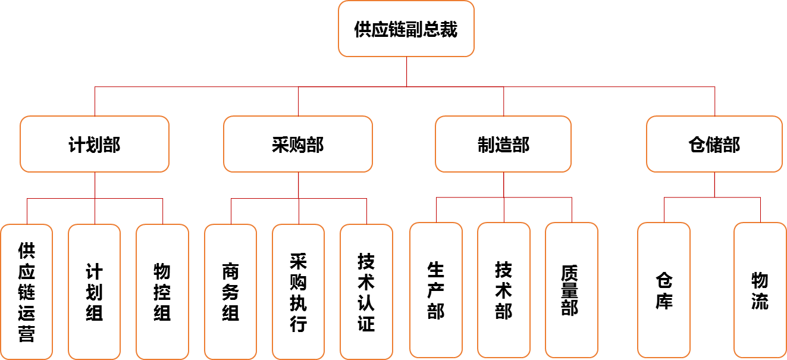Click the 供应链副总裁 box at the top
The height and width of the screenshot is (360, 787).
coord(406,29)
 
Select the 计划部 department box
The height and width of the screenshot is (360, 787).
coord(95,144)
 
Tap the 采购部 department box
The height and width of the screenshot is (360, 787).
coord(298,144)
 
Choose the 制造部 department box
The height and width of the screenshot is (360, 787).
coord(503,144)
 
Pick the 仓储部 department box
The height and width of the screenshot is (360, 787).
coord(714,144)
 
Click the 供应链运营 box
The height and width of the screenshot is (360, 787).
coord(27,292)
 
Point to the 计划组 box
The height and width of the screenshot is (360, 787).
coord(95,292)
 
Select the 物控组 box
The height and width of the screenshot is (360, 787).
coord(162,292)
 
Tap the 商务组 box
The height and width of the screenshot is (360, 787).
coord(231,292)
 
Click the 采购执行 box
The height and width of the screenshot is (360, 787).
coord(299,292)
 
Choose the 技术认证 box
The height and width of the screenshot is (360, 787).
coord(366,292)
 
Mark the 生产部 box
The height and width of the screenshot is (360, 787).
coord(436,290)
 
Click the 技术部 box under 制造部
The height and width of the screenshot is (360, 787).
coord(504,290)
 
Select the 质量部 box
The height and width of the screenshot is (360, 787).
coord(572,290)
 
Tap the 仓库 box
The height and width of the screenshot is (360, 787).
coord(664,290)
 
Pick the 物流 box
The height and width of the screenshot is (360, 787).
coord(760,290)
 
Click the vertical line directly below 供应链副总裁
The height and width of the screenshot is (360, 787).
coord(407,71)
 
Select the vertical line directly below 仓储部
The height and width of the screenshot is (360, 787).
coord(714,184)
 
